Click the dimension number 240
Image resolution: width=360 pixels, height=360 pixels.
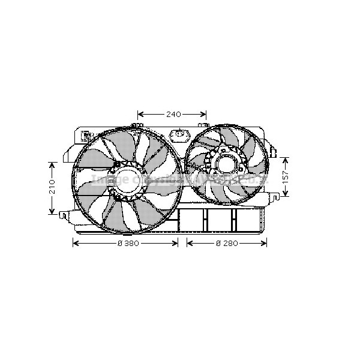coord(173,114)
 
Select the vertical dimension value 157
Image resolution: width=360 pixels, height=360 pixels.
coord(286,176)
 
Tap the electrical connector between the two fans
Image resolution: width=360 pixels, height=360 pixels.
coord(178,134)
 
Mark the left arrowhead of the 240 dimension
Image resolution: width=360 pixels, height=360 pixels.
coord(140,114)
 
